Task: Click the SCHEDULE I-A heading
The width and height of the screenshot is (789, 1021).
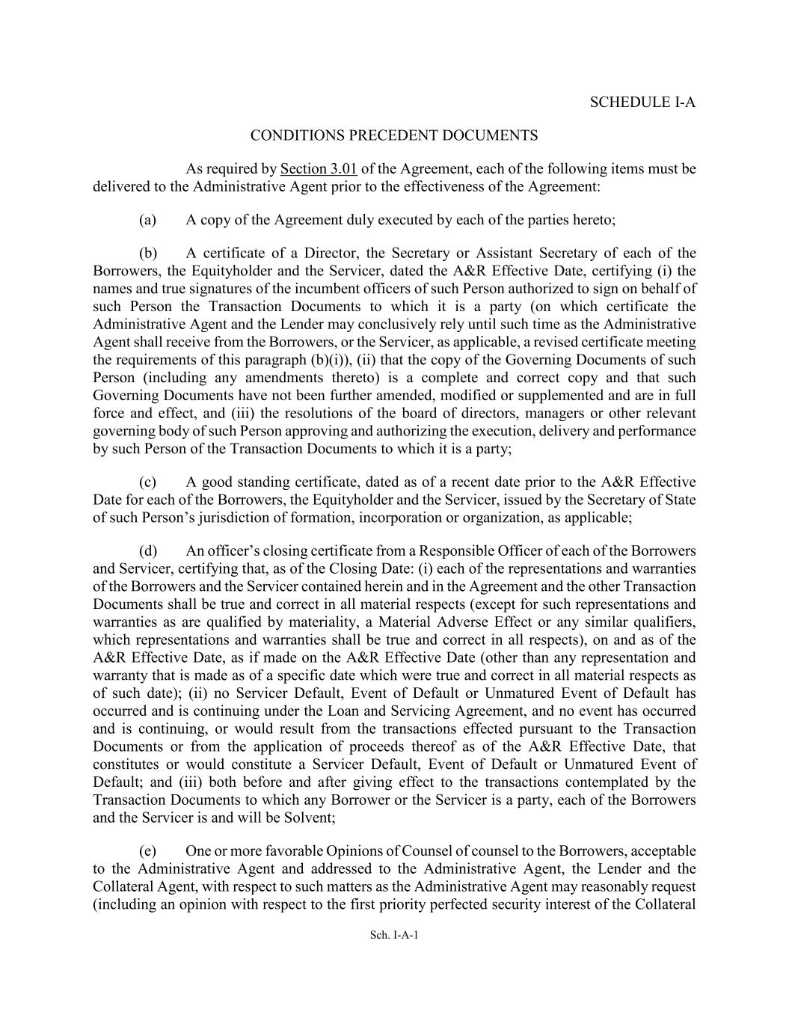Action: pyautogui.click(x=642, y=102)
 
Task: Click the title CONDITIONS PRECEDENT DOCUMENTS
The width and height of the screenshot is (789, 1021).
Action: pyautogui.click(x=394, y=135)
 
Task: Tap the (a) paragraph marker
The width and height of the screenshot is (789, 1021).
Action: pyautogui.click(x=147, y=220)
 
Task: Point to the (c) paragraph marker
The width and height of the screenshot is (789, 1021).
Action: pyautogui.click(x=147, y=482)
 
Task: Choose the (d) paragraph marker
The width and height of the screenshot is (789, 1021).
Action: pyautogui.click(x=147, y=551)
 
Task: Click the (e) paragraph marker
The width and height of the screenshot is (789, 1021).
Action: pyautogui.click(x=147, y=851)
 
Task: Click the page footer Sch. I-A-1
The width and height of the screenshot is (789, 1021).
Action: pyautogui.click(x=394, y=934)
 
